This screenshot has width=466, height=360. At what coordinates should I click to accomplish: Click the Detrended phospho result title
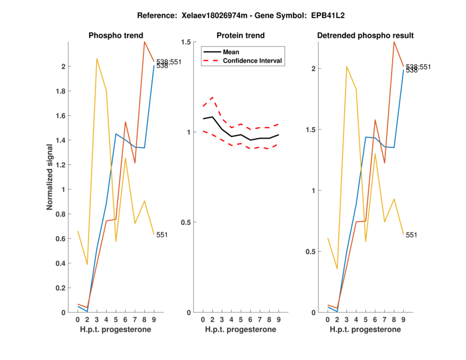[365, 36]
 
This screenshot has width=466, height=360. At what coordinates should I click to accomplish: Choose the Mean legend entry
[231, 52]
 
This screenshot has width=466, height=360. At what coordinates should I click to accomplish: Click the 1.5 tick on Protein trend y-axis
[186, 43]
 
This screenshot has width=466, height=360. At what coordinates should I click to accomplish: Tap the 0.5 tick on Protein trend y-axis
[186, 223]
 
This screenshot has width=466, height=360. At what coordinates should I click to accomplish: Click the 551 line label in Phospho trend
[162, 235]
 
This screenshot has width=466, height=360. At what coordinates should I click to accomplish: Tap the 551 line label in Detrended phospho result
[411, 235]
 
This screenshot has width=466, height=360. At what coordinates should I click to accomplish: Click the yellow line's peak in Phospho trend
[97, 59]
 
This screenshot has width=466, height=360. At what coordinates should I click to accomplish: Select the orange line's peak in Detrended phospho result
[394, 42]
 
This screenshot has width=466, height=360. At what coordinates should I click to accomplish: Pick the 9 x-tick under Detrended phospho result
[403, 319]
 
